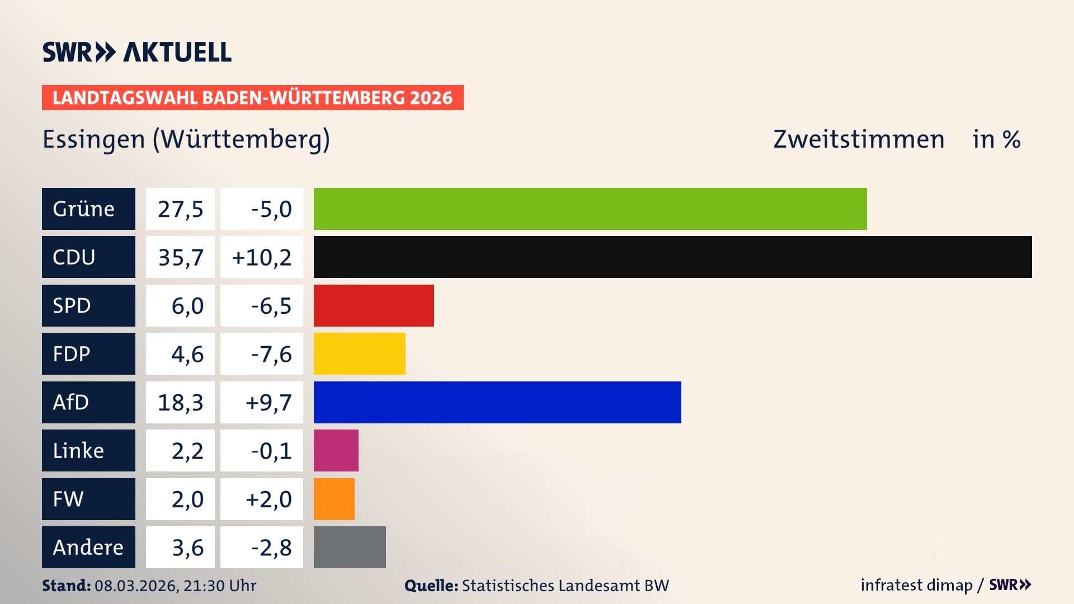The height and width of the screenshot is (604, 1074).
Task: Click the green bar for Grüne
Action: click(x=590, y=209)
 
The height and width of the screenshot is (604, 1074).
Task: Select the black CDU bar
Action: click(x=672, y=257)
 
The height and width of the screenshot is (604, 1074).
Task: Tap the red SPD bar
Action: click(x=374, y=305)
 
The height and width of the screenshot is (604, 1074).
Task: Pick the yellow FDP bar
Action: click(x=359, y=354)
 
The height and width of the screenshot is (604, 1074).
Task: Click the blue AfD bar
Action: click(x=497, y=402)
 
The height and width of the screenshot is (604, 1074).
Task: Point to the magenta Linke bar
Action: click(x=336, y=451)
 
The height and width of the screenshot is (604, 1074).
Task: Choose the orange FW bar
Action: click(x=334, y=499)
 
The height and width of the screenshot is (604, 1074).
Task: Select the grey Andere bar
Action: click(x=350, y=547)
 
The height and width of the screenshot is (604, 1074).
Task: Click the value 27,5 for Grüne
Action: click(x=180, y=209)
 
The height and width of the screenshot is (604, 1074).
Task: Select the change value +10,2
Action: click(x=261, y=257)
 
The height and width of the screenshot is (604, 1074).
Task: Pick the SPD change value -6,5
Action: click(x=271, y=306)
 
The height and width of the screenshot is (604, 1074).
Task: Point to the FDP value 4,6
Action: click(x=187, y=354)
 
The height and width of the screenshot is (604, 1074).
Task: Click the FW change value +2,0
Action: click(x=268, y=499)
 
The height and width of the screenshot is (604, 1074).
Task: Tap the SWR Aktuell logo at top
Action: click(x=137, y=52)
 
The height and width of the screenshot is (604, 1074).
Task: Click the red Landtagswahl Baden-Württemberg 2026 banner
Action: click(x=252, y=98)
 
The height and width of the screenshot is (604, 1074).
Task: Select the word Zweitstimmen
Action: click(x=859, y=139)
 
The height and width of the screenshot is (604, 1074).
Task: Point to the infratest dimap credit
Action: click(x=916, y=585)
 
